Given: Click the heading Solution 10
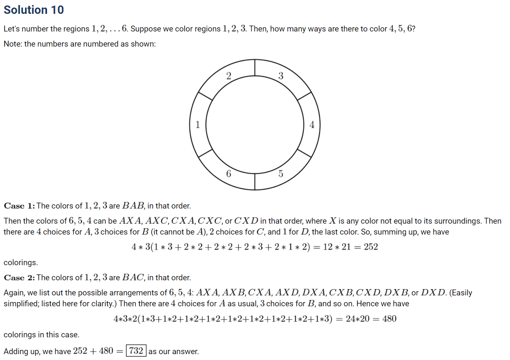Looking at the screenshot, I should click(34, 10).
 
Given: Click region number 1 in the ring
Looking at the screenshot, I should click(197, 124).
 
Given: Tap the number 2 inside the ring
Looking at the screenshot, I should click(228, 76).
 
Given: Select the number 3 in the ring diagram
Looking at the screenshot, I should click(281, 76).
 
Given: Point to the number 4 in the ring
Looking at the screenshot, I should click(311, 125).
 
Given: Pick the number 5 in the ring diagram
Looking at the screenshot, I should click(281, 173).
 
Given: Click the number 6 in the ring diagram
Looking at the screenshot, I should click(228, 173).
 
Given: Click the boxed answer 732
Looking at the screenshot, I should click(136, 351).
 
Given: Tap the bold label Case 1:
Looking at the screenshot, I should click(19, 206).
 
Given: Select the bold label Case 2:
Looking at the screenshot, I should click(19, 278).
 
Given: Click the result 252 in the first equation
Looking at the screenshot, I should click(371, 247).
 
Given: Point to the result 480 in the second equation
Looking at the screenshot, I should click(389, 319).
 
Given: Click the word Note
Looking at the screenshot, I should click(12, 44).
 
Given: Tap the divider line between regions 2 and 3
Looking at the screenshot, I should click(255, 68).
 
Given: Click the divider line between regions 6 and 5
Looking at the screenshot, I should click(255, 181).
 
